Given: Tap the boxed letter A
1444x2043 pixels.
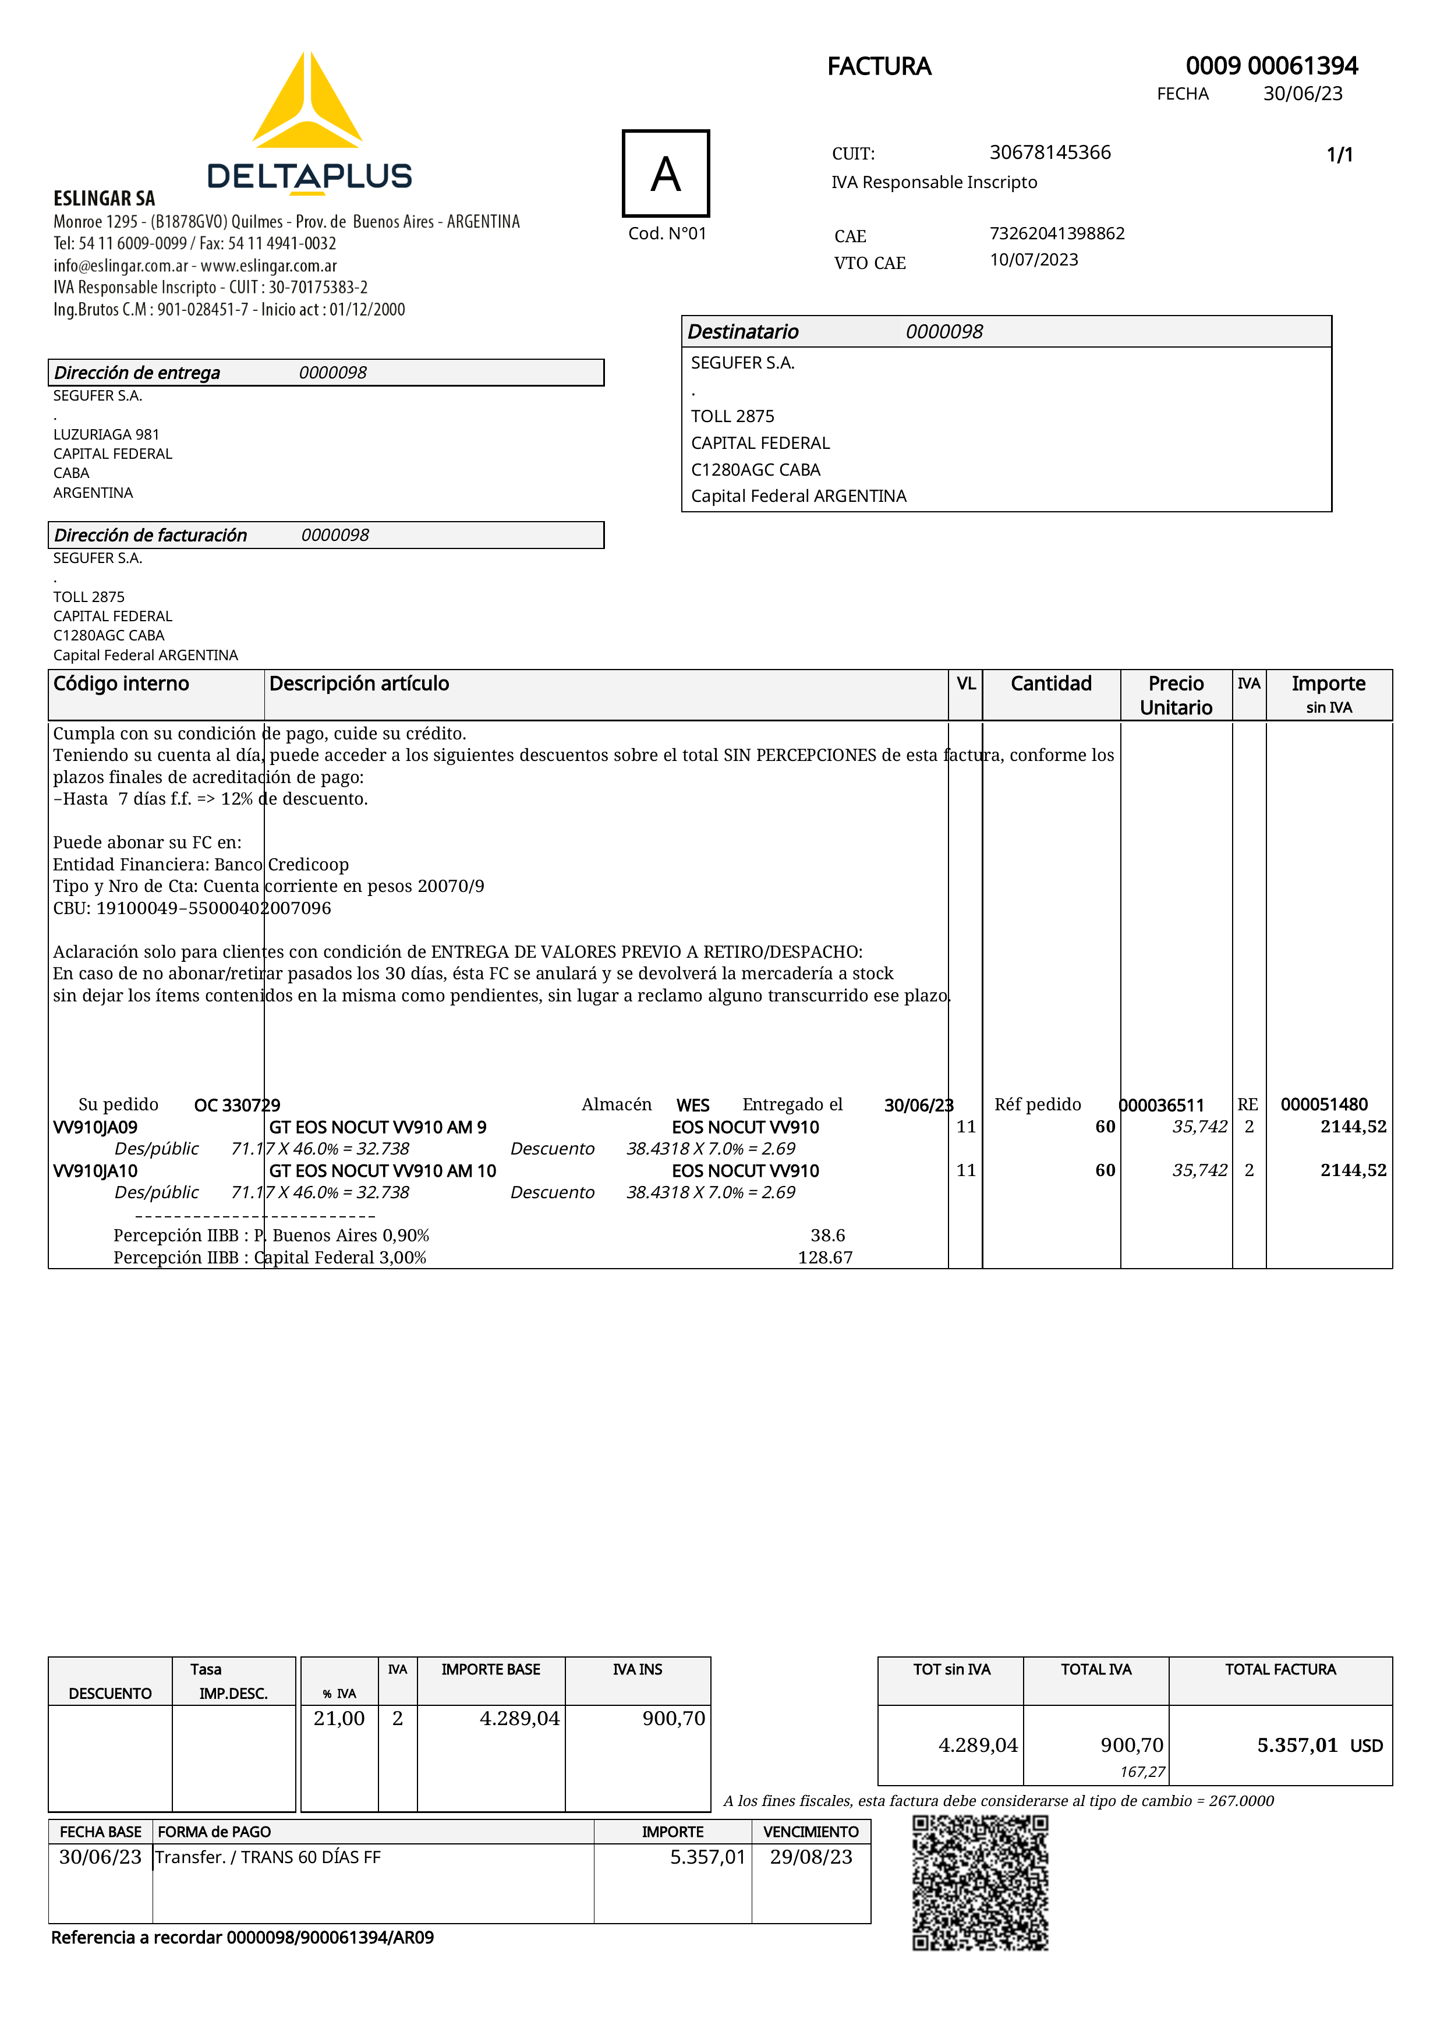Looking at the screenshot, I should click(666, 174).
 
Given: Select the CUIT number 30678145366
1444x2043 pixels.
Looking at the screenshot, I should click(1050, 153).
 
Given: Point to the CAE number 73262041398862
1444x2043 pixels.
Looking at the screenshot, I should click(1057, 233).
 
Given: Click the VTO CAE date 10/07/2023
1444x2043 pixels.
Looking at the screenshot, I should click(1034, 260).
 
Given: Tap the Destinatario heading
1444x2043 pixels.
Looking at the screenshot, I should click(743, 332).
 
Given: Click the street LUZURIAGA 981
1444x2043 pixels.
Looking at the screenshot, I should click(106, 434).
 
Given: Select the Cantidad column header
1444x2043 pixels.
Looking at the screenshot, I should click(1051, 684).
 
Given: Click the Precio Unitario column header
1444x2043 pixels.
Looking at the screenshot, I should click(1176, 695).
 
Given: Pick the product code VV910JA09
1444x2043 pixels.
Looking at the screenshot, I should click(95, 1127).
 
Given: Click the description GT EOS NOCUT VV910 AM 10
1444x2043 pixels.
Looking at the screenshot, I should click(383, 1171).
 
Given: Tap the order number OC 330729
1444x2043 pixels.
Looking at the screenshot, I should click(236, 1105).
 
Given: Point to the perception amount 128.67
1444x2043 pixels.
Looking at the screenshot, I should click(824, 1258).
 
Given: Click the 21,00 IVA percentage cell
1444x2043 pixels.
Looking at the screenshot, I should click(339, 1718).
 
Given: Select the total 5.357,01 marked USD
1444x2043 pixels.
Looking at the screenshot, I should click(1296, 1745).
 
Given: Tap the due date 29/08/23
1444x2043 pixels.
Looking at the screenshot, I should click(811, 1857).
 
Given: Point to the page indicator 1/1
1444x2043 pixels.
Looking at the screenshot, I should click(1339, 155).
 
